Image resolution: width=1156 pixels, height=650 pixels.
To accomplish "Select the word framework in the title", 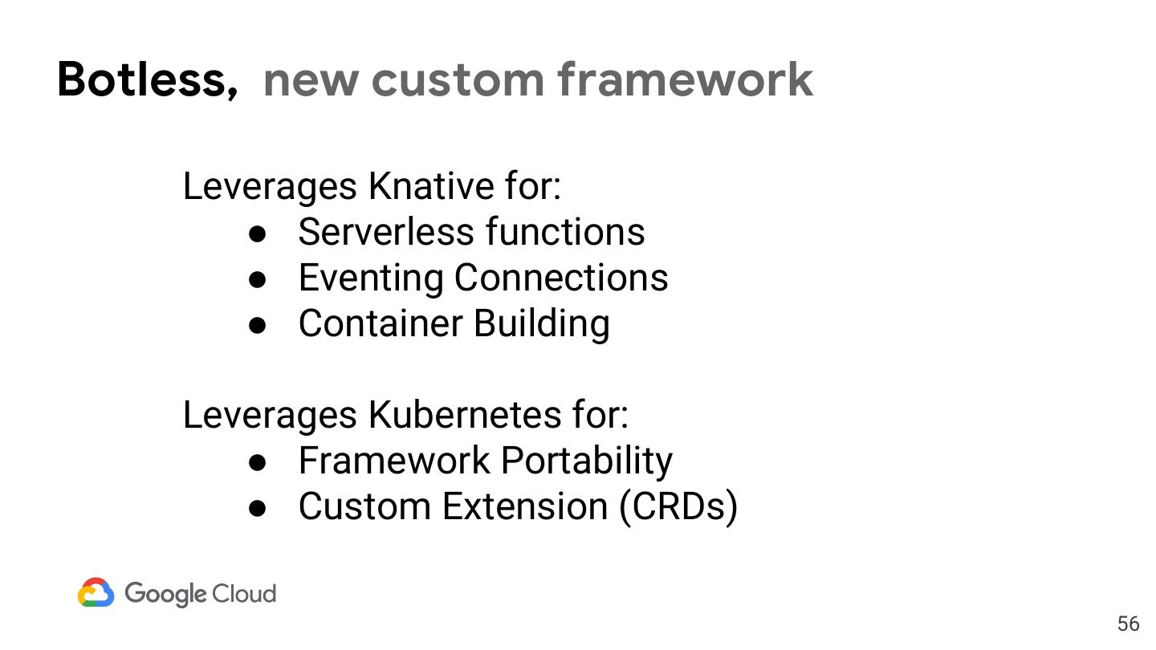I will click(685, 79).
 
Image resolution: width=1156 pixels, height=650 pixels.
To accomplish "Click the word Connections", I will click(561, 278).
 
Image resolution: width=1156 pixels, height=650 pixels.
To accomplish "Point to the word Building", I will click(541, 323).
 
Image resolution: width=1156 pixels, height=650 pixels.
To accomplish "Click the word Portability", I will click(587, 461).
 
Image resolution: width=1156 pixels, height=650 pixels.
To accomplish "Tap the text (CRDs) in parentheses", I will click(678, 506).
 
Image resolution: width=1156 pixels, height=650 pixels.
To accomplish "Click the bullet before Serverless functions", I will click(258, 234).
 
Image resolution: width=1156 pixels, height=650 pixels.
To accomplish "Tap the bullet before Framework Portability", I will click(258, 462).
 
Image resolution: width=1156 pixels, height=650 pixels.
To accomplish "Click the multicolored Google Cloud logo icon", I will click(96, 593).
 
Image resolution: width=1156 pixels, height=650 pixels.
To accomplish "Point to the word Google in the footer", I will click(165, 594).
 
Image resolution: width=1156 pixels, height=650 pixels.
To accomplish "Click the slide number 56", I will click(1128, 624).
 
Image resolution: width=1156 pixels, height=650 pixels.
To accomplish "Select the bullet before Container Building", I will click(258, 325).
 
